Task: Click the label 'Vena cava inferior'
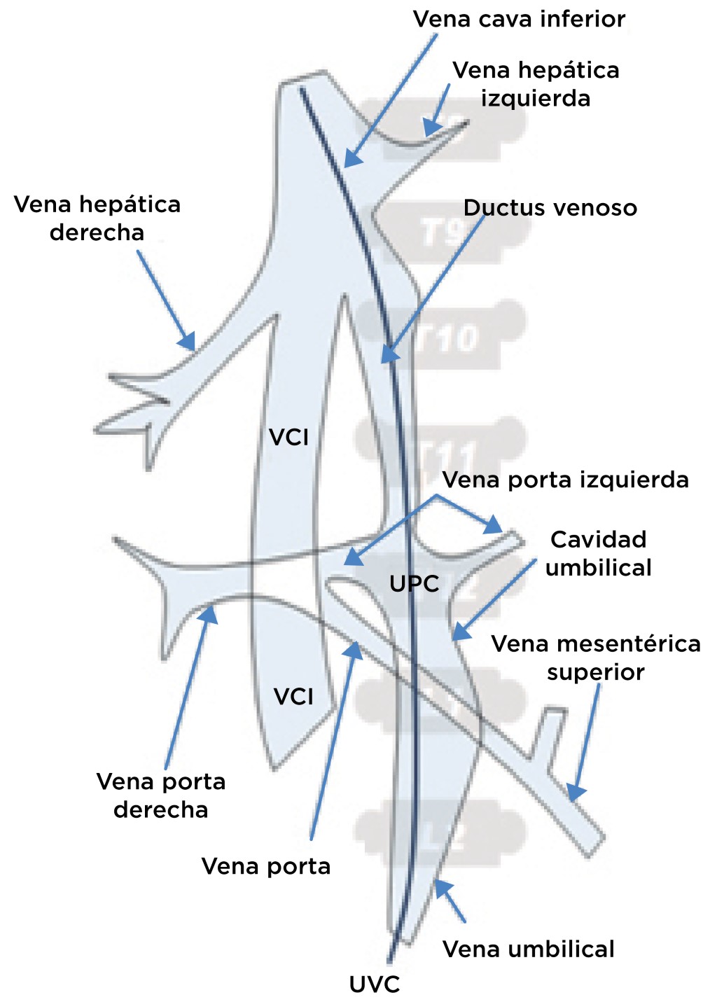[519, 19]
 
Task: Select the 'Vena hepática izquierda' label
[536, 84]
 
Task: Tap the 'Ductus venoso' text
[550, 208]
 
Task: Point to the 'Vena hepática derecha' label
[97, 218]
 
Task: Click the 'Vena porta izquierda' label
[566, 480]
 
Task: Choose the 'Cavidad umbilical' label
[598, 553]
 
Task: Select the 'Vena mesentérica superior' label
[596, 657]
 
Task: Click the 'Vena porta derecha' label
[161, 795]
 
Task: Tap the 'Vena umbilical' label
[529, 949]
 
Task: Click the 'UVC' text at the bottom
[375, 984]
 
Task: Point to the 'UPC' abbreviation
[414, 583]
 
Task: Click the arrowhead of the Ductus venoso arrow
[387, 356]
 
